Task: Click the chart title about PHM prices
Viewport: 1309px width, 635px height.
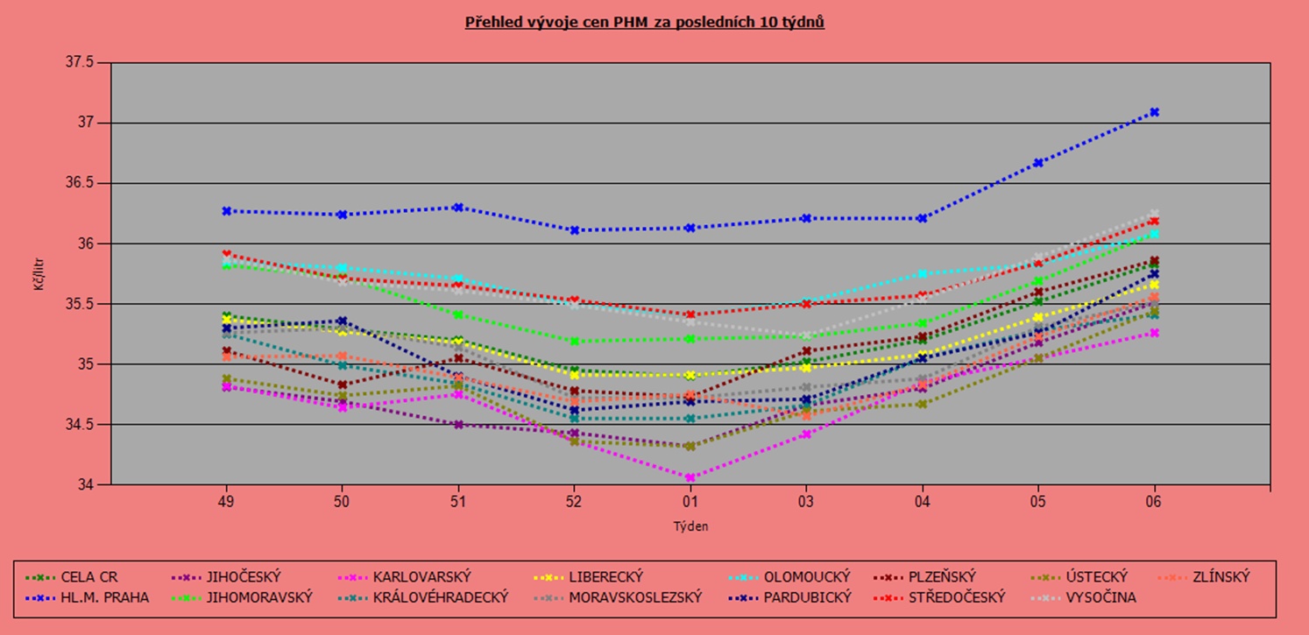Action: click(644, 22)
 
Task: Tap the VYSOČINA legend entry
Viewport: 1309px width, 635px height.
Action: click(1100, 597)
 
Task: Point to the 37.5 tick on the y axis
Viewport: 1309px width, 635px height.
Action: click(80, 62)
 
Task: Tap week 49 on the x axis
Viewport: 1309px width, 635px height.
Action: click(226, 502)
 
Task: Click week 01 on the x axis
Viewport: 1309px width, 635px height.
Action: click(690, 502)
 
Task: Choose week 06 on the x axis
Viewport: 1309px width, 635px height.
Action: click(1154, 502)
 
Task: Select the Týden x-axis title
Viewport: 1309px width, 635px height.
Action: click(690, 526)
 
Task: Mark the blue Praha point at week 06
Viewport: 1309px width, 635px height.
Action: click(1154, 112)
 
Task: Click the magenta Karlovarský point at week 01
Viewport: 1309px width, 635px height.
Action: click(690, 477)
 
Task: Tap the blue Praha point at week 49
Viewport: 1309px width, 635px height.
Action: click(226, 211)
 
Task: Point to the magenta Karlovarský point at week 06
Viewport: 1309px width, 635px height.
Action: click(1154, 333)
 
